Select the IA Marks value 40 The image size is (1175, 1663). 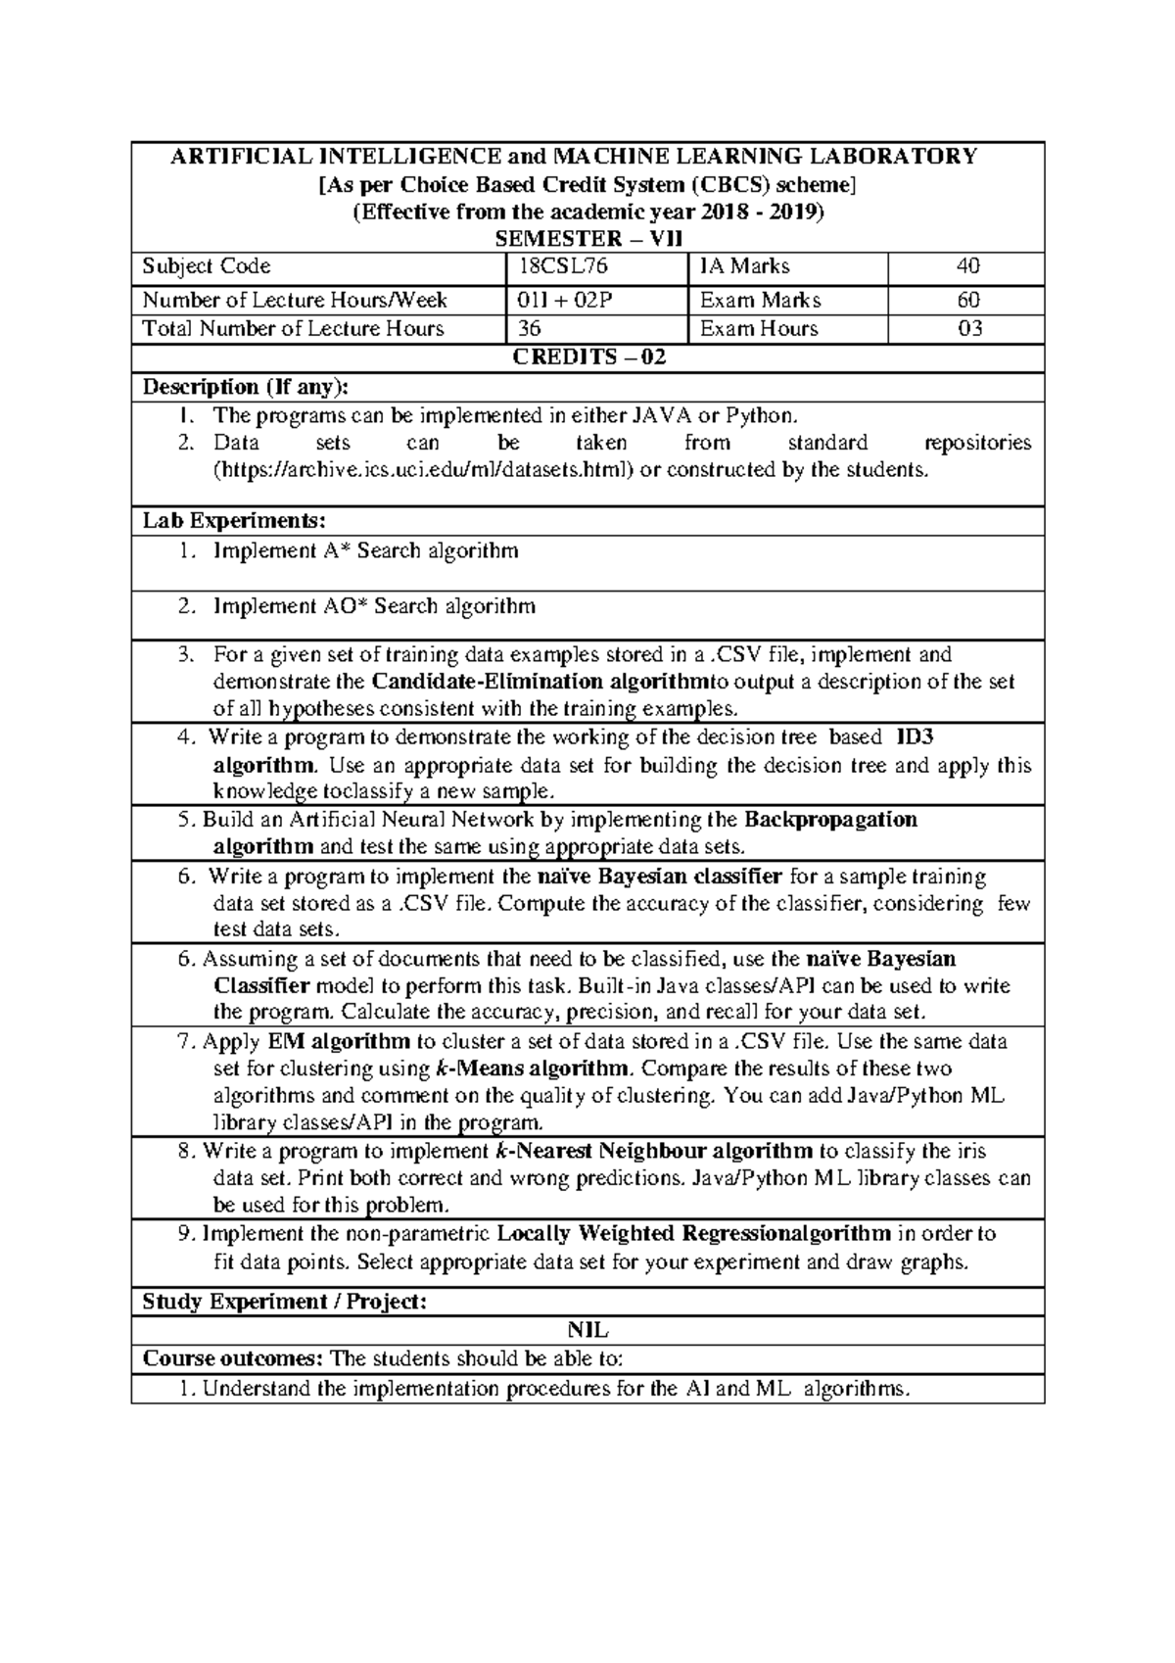point(968,266)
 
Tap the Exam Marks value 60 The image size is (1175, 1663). point(968,300)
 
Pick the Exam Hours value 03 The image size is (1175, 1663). point(968,329)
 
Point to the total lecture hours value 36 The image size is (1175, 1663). point(530,329)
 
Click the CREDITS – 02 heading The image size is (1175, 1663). point(589,357)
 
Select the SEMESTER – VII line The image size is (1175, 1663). point(589,239)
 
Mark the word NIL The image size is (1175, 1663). point(587,1331)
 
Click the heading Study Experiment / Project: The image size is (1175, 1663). point(285,1302)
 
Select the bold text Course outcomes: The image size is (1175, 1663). point(233,1358)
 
